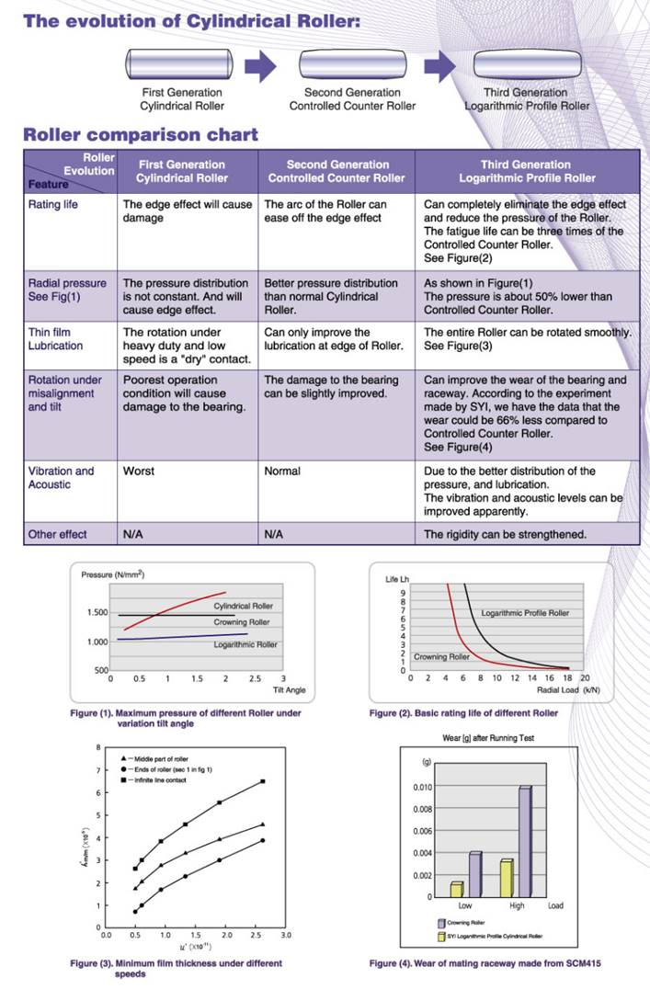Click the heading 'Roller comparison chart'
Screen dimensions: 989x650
tap(141, 135)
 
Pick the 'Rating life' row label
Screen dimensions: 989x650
tap(52, 204)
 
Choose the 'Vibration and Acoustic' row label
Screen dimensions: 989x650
tap(62, 478)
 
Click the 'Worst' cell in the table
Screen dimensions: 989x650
tap(139, 472)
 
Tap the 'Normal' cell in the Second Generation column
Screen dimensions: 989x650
tap(282, 472)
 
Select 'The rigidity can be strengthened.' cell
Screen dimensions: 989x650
tap(505, 534)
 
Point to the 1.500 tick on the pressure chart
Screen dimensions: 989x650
tap(96, 612)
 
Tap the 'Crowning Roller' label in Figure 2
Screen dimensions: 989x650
tap(442, 657)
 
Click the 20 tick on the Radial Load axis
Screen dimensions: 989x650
tap(585, 677)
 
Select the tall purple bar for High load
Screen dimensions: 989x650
tap(525, 841)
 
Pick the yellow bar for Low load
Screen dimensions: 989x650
tap(457, 889)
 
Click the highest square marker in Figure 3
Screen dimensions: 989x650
tap(263, 781)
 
